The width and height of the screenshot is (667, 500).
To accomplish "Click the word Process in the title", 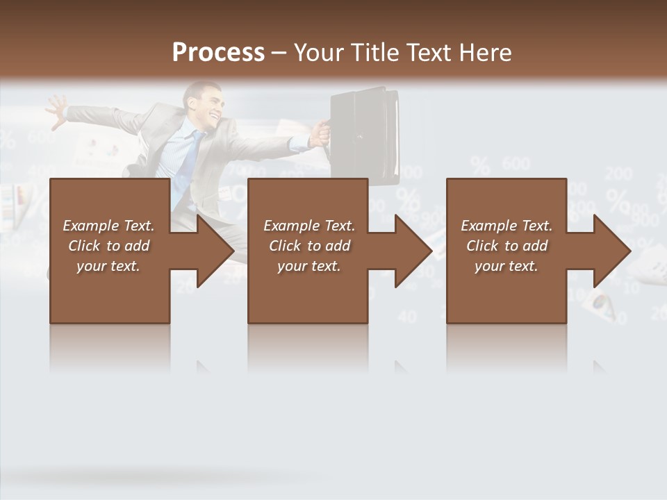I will click(218, 52).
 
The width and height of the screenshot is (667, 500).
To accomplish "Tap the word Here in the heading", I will click(486, 52).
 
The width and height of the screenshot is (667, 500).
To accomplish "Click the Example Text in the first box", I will click(109, 226).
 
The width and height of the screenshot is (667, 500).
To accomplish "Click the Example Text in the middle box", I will click(309, 226).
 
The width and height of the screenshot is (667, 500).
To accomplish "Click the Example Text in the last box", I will click(507, 226).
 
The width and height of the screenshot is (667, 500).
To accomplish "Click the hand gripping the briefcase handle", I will click(320, 132).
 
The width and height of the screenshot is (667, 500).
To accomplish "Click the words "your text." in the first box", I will click(108, 266).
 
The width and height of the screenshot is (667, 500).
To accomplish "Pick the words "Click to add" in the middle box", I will click(309, 246).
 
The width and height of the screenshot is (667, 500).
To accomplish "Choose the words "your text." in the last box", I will click(507, 266).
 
